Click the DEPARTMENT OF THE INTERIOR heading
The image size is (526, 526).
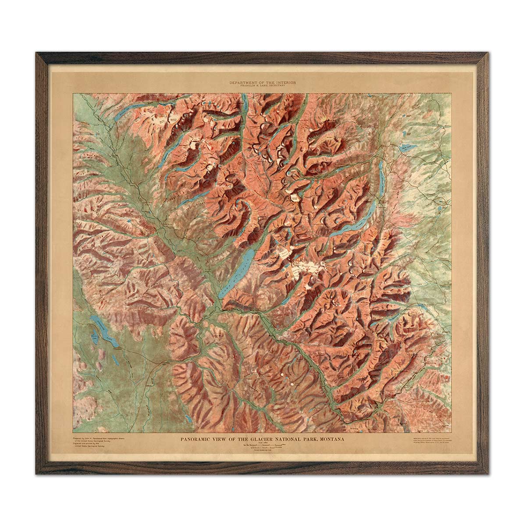(263, 82)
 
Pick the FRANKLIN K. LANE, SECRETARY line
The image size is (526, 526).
(263, 86)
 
